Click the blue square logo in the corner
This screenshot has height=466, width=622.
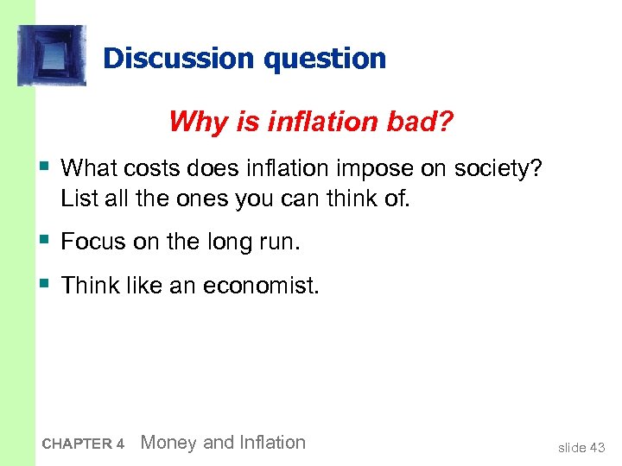[x=52, y=55]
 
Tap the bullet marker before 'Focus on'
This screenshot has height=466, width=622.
[x=43, y=241]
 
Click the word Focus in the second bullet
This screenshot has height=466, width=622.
[x=94, y=242]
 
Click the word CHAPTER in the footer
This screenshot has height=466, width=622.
[x=76, y=444]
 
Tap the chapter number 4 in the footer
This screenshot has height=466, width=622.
[x=121, y=444]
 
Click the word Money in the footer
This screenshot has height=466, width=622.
[x=168, y=443]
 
